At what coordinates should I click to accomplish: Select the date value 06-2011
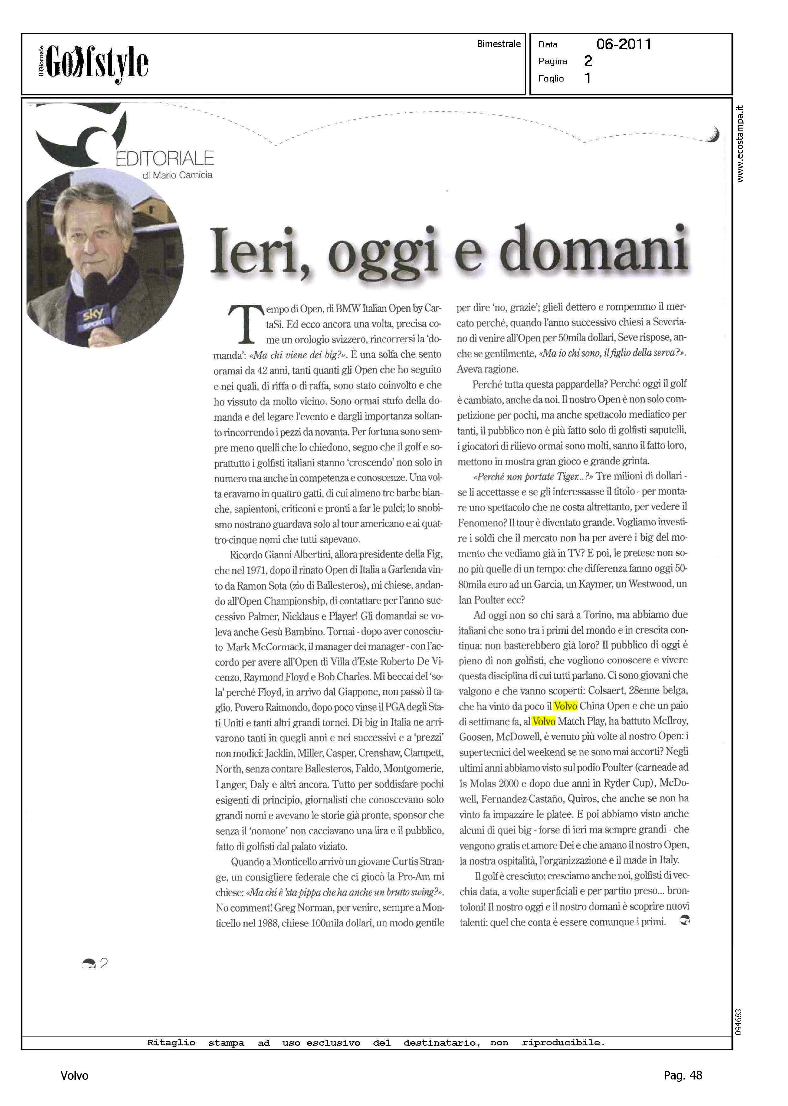624,44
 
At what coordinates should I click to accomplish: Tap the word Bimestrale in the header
498,44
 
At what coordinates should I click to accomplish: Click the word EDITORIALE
165,158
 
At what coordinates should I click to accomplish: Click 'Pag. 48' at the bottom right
683,1075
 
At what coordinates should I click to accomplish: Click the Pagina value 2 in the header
588,61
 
